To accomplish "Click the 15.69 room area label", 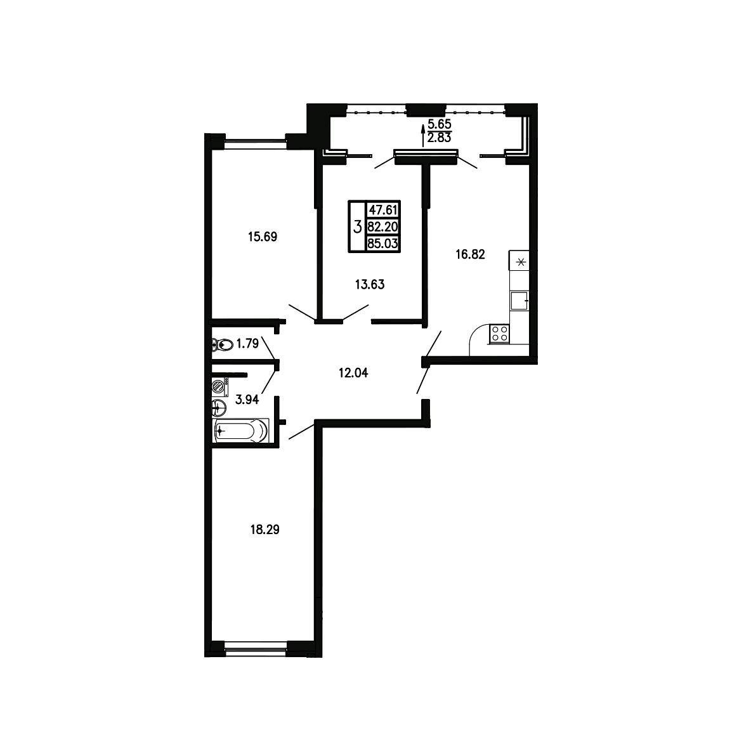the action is pyautogui.click(x=263, y=237).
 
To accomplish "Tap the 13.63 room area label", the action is pyautogui.click(x=370, y=285).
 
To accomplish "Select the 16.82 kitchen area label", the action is pyautogui.click(x=471, y=254).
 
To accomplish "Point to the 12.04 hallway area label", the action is pyautogui.click(x=353, y=372).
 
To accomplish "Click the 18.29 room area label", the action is pyautogui.click(x=265, y=530).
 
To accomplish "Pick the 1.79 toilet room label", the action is pyautogui.click(x=247, y=343).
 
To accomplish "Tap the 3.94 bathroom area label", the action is pyautogui.click(x=247, y=400).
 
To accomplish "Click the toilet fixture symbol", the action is pyautogui.click(x=222, y=344).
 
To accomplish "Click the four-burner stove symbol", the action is pyautogui.click(x=499, y=334).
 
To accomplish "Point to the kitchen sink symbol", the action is pyautogui.click(x=519, y=301).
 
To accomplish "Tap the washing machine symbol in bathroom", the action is pyautogui.click(x=220, y=386).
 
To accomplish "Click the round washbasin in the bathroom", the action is pyautogui.click(x=219, y=408).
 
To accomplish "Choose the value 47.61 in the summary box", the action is pyautogui.click(x=383, y=210).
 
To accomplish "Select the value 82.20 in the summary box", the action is pyautogui.click(x=382, y=226).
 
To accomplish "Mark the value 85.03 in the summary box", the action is pyautogui.click(x=382, y=244).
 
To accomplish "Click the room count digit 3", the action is pyautogui.click(x=357, y=226).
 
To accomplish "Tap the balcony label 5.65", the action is pyautogui.click(x=440, y=124).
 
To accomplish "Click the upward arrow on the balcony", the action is pyautogui.click(x=423, y=136).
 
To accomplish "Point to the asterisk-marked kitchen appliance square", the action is pyautogui.click(x=519, y=261).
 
